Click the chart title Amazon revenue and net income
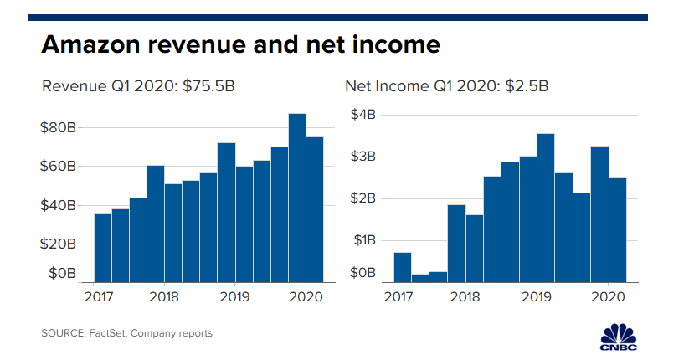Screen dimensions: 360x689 point(240,44)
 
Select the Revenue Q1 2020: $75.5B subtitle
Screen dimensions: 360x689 point(137,86)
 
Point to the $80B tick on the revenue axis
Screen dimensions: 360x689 point(61,128)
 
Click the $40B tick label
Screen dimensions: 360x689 point(61,205)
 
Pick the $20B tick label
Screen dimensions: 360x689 point(61,244)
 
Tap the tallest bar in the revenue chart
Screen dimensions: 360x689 point(296,198)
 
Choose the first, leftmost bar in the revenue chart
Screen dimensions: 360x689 point(103,248)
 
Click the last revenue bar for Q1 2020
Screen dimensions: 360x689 point(315,209)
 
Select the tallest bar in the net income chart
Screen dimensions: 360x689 point(546,208)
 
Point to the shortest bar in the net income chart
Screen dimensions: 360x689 point(420,278)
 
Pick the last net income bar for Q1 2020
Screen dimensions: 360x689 point(618,230)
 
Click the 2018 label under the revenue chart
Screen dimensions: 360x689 point(165,297)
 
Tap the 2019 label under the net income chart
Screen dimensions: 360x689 point(537,297)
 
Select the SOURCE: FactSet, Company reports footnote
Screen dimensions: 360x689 point(126,333)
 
